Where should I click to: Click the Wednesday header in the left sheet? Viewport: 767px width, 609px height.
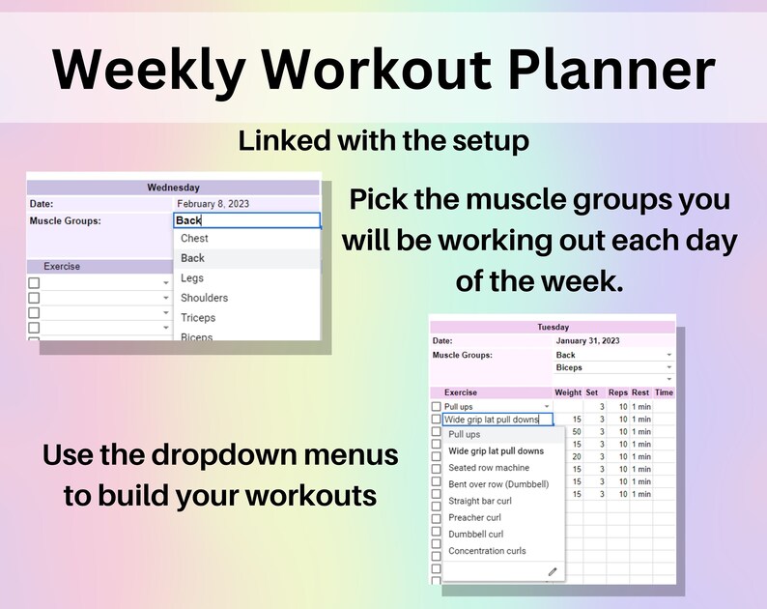pos(173,188)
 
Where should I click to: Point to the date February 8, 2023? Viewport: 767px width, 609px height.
pos(213,204)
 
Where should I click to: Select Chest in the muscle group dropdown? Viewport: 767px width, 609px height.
pos(194,238)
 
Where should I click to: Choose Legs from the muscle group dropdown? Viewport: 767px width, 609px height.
pos(192,278)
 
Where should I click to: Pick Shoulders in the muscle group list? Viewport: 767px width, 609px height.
pos(204,298)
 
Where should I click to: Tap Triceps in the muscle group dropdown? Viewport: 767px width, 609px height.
pos(198,317)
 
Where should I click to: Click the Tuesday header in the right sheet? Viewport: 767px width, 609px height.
pos(553,327)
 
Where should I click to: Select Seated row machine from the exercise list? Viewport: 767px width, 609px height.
pos(489,468)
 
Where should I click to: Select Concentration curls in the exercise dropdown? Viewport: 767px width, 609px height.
pos(487,551)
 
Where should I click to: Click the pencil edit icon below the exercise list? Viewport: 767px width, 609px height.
pos(553,571)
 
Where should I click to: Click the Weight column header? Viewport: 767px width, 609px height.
pos(568,392)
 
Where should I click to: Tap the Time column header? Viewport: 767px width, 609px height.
pos(664,392)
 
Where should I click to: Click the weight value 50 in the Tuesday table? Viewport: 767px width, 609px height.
pos(576,431)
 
